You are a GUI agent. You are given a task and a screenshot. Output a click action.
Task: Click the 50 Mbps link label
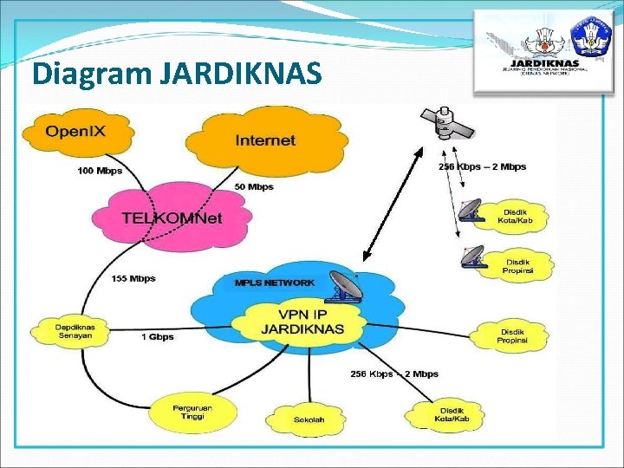coord(254,186)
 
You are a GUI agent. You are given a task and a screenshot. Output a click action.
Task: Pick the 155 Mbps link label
coord(133,279)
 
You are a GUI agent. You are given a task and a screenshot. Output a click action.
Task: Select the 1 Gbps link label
coord(158,336)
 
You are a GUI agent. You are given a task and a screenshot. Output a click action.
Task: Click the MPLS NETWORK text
coord(275,283)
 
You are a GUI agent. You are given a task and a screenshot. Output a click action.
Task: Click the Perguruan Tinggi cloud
coord(192,412)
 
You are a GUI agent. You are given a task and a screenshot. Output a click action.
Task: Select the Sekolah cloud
coord(309,419)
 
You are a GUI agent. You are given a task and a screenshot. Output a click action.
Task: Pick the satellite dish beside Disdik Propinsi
coord(473,257)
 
